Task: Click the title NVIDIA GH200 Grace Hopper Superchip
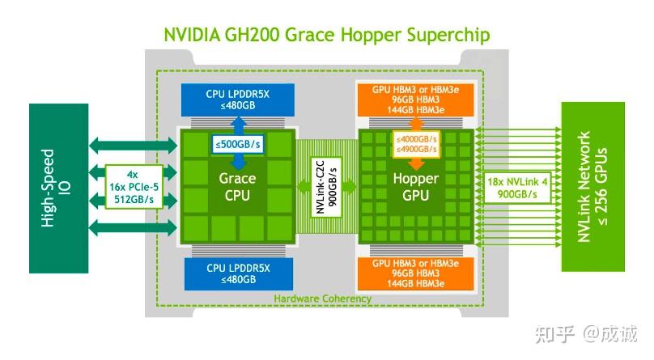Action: pos(327,35)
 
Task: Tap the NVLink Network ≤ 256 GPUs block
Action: pos(594,187)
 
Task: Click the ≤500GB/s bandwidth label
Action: pos(234,145)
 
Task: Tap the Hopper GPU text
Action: pos(415,187)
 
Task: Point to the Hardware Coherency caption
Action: pos(322,299)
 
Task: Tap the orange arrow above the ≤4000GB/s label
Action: pos(415,123)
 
